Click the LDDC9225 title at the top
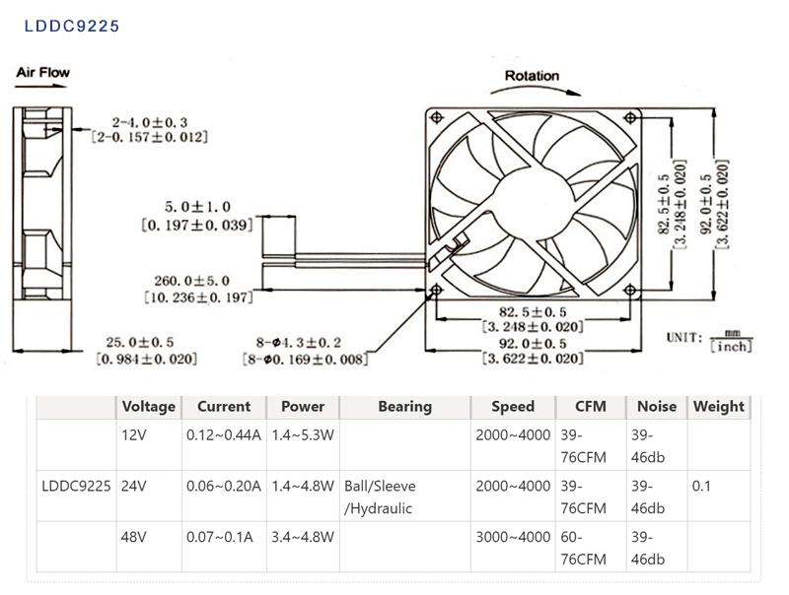coord(72,26)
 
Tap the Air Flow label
coord(43,72)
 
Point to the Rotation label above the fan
coord(532,76)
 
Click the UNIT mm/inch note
coord(709,339)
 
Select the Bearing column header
coord(404,406)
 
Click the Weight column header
coord(718,406)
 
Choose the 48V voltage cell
coord(133,537)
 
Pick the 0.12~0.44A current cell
coord(223,434)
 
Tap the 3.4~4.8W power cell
coord(302,537)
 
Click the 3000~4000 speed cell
coord(513,537)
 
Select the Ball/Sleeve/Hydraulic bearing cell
coord(380,497)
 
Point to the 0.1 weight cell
coord(701,486)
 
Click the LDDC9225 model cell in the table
coord(76,486)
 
